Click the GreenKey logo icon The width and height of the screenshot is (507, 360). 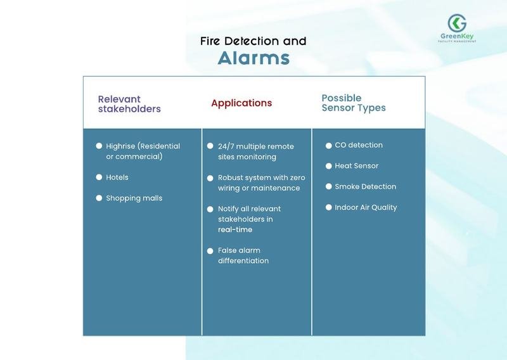pos(457,23)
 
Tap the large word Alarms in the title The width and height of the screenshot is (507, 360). pos(253,58)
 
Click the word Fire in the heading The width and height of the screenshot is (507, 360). pos(210,41)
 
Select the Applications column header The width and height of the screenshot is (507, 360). pos(241,103)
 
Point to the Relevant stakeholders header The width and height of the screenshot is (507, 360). pos(129,104)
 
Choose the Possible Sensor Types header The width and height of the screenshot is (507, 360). pos(354,103)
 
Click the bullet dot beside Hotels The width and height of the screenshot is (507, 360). pos(99,177)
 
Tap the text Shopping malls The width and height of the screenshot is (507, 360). pos(134,198)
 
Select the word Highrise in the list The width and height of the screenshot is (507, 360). pos(120,146)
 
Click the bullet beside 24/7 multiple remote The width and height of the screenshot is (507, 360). pos(210,146)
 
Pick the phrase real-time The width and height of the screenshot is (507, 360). pos(235,229)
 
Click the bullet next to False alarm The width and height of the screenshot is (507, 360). pos(210,251)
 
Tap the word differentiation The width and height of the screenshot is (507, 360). pos(243,260)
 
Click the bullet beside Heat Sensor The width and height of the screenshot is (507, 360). pos(328,166)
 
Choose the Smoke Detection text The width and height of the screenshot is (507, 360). pos(366,186)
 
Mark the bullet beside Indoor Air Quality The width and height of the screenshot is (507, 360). pos(328,207)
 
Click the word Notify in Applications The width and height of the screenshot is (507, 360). pos(228,209)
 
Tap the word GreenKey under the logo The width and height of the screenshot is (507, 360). pos(457,36)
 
